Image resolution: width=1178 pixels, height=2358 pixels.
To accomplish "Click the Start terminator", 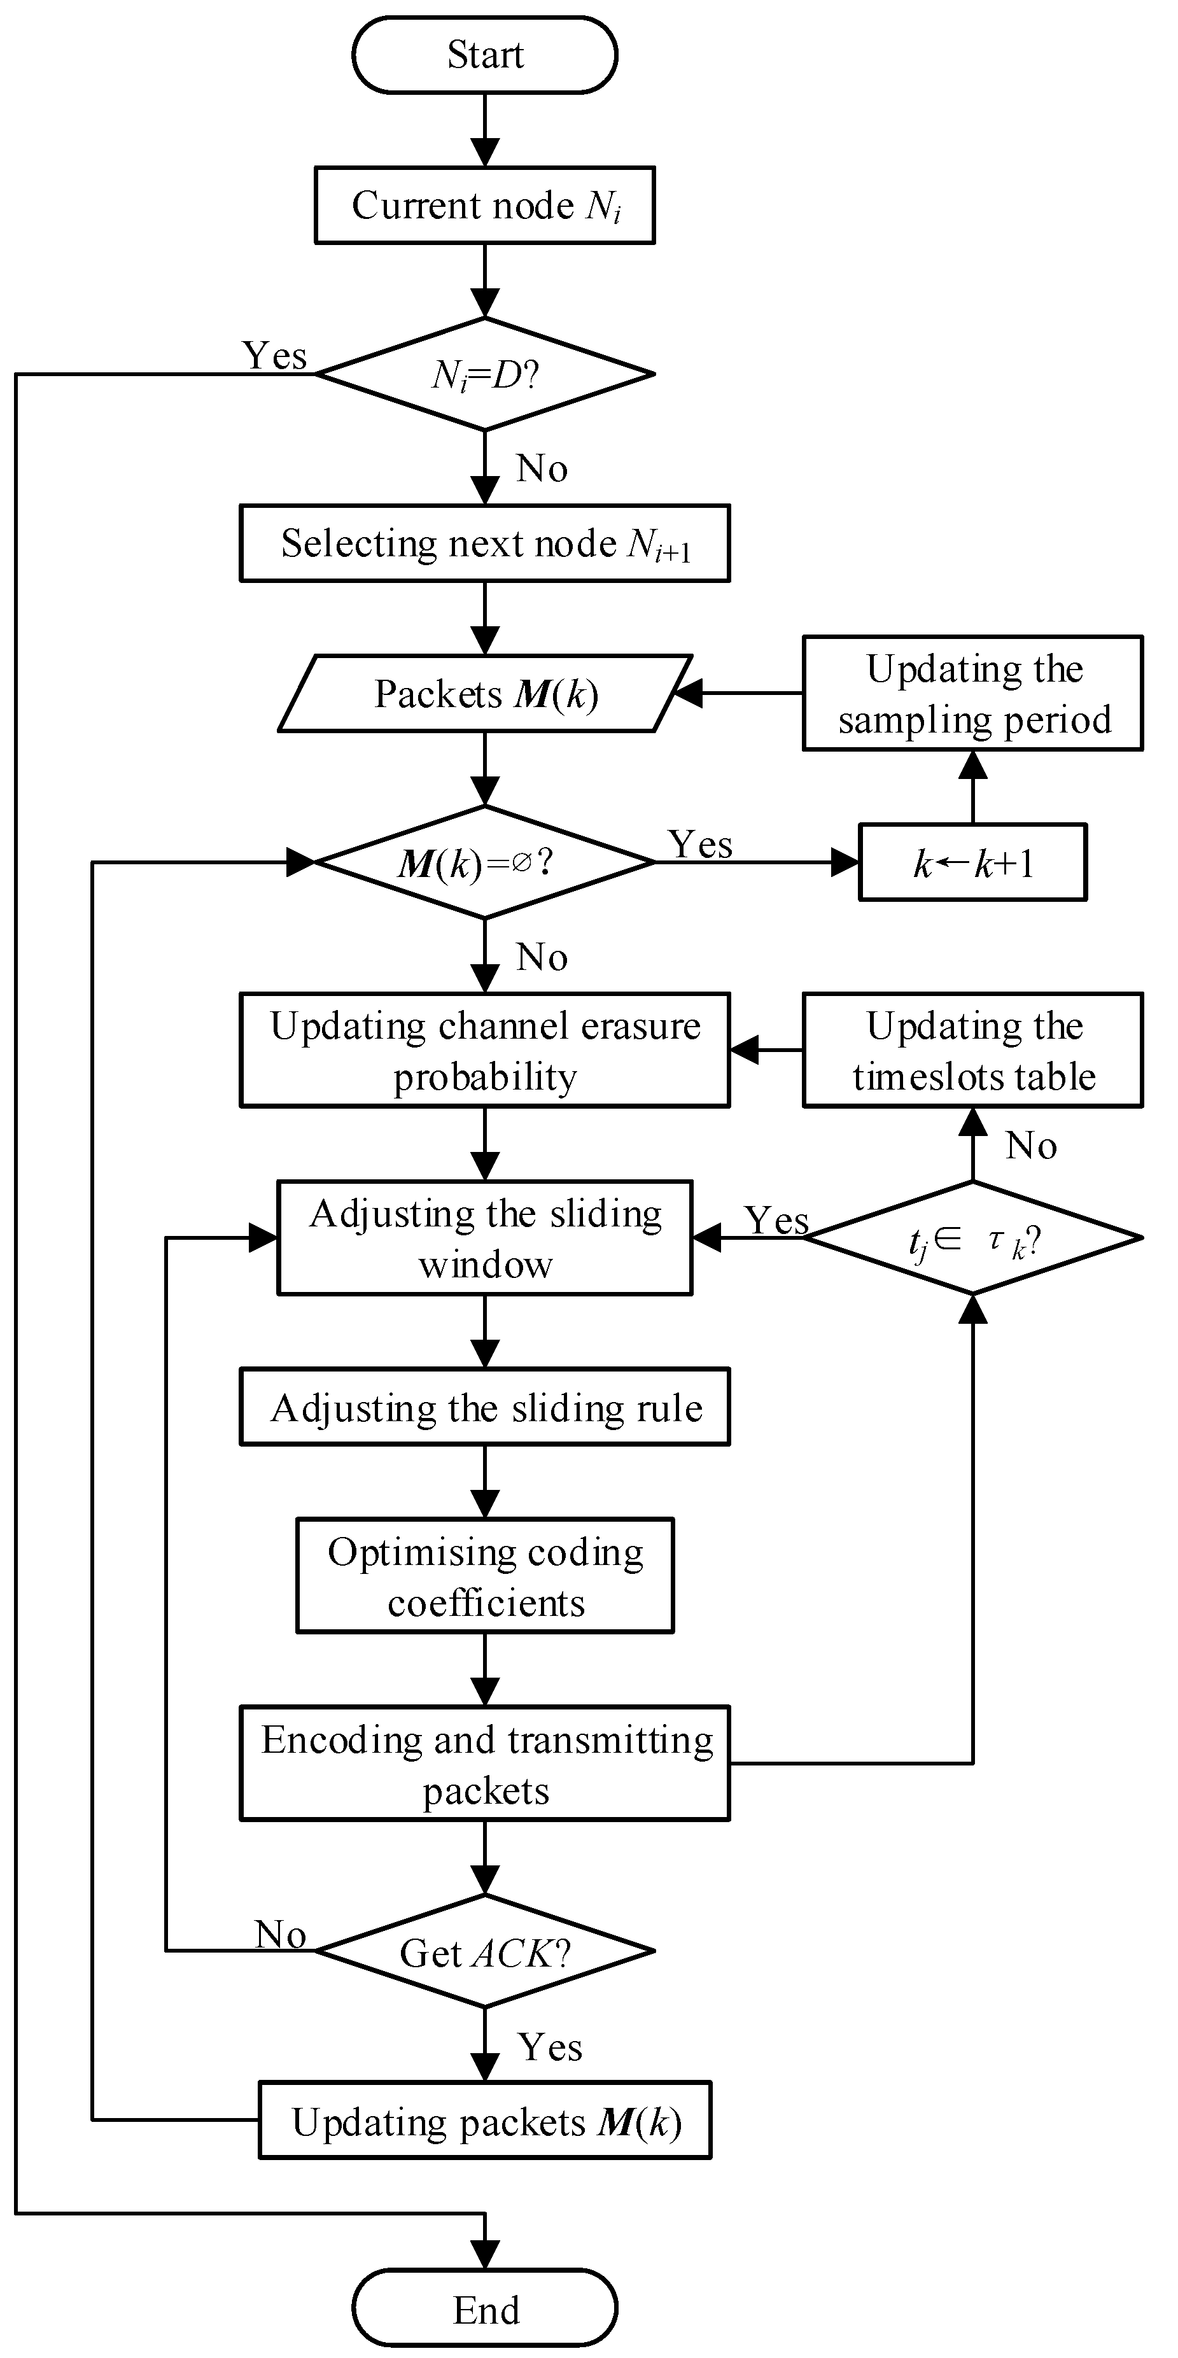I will [484, 55].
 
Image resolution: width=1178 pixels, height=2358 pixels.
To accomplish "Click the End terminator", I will [484, 2310].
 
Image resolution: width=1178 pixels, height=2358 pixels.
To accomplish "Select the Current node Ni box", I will [484, 205].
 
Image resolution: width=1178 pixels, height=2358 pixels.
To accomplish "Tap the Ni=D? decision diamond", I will [484, 374].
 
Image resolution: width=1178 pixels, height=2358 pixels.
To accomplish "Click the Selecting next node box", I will [484, 543].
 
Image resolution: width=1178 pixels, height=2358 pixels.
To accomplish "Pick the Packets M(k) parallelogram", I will [484, 694].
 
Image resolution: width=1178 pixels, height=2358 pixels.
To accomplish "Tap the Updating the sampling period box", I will [972, 694].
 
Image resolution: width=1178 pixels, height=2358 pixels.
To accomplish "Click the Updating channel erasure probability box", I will [484, 1050].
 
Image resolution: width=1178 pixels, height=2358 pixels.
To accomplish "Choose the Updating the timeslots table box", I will [972, 1050].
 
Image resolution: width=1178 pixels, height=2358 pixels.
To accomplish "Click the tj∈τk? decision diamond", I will [972, 1239].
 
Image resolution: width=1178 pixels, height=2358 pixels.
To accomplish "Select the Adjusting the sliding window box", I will [484, 1239].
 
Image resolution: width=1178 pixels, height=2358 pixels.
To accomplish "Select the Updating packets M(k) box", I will [484, 2121].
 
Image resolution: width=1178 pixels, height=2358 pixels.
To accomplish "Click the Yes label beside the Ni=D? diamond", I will [274, 355].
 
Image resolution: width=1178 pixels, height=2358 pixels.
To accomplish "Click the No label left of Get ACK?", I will [280, 1934].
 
